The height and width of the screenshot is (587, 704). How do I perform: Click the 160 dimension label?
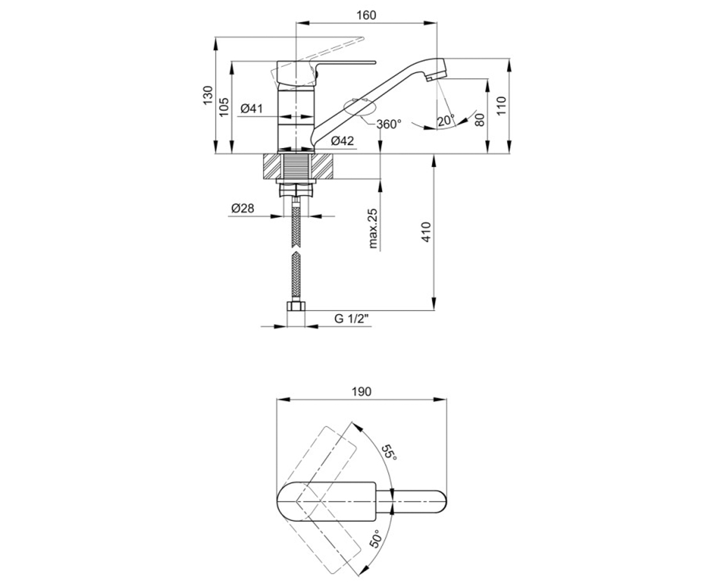point(366,15)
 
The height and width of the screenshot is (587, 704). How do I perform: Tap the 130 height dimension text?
point(208,95)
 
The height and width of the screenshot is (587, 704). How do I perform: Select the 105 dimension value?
point(224,107)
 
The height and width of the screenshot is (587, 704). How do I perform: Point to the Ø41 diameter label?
point(252,109)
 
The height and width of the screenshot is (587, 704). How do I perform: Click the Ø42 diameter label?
point(342,141)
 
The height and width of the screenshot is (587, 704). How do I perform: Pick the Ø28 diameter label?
point(242,208)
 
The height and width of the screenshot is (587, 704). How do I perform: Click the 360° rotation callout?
point(389,124)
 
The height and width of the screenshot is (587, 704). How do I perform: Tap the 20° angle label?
point(446,120)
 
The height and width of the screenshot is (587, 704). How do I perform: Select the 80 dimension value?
point(480,120)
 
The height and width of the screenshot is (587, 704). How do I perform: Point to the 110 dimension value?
point(502,106)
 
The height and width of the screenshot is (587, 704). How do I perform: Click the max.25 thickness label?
point(373,228)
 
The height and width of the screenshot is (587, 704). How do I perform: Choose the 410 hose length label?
point(427,232)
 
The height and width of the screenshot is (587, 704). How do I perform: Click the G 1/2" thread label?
point(352,318)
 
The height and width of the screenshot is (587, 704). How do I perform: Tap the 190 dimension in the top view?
point(361,392)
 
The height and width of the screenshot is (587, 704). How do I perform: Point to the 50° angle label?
point(377,548)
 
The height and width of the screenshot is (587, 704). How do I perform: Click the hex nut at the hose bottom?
point(296,306)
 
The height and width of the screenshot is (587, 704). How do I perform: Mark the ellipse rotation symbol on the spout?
point(360,108)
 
